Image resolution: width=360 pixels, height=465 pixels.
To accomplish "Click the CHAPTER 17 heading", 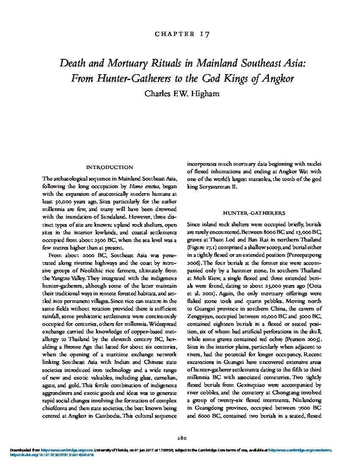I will point(180,33).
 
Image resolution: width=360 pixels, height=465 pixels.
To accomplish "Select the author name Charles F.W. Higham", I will point(180,93).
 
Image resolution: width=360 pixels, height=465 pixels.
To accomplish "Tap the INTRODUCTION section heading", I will point(110,167).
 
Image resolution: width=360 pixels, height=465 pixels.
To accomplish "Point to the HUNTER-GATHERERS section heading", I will point(254,213).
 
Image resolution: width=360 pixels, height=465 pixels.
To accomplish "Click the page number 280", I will point(180,438).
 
